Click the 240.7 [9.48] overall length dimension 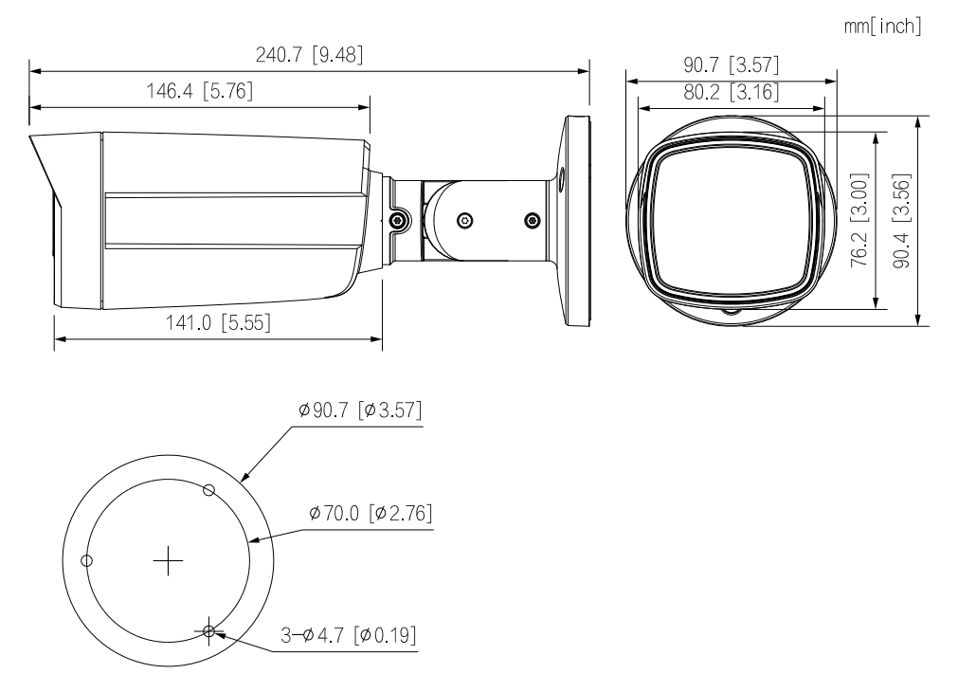coord(309,55)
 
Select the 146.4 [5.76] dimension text coord(200,91)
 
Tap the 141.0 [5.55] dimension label coord(219,322)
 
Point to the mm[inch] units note coord(882,27)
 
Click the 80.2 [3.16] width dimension coord(732,92)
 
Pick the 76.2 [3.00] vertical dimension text coord(859,221)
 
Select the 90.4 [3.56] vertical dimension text coord(902,221)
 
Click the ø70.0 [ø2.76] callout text coord(371,513)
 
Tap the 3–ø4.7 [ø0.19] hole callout coord(349,635)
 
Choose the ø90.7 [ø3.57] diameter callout coord(360,410)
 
